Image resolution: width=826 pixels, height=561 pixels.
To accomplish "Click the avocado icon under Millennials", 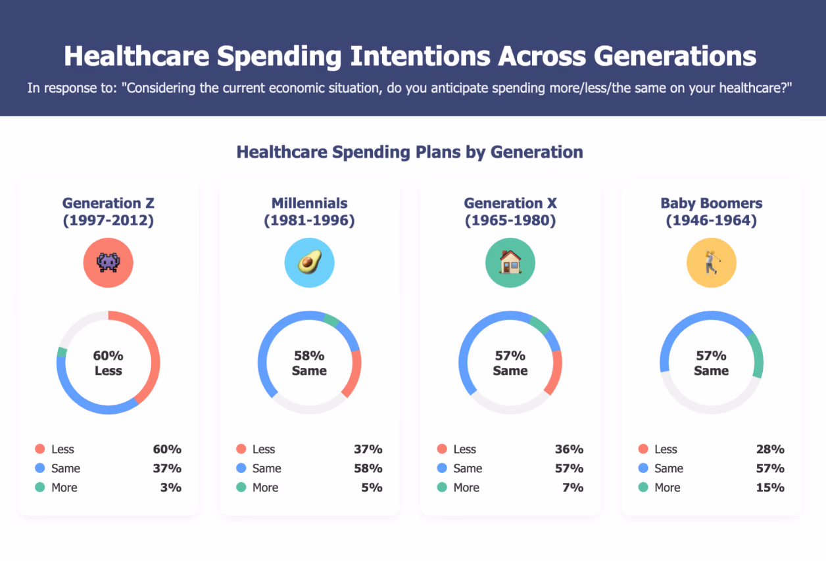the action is click(x=309, y=262).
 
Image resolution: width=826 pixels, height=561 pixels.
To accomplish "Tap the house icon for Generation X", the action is click(x=510, y=262).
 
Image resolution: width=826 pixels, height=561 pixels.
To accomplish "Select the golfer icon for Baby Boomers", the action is click(x=712, y=262).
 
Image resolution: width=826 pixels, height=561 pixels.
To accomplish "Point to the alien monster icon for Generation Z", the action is click(x=108, y=262).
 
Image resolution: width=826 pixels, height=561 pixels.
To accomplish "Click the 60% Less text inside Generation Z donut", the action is click(x=108, y=363).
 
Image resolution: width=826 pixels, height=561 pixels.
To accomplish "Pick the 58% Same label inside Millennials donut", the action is click(x=309, y=363).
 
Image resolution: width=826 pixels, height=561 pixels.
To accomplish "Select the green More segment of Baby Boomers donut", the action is click(x=758, y=355).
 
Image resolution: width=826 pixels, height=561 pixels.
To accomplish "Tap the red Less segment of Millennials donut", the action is click(x=354, y=374).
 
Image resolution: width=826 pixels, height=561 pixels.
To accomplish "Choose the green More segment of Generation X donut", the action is click(x=540, y=324).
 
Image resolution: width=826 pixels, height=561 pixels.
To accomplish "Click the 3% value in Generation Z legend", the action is click(x=171, y=487).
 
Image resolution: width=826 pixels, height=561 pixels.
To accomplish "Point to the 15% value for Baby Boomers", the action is click(x=770, y=487).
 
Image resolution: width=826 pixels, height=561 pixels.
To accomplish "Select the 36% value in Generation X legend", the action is click(x=569, y=449).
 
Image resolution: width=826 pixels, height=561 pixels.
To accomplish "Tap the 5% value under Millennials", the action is click(x=372, y=487).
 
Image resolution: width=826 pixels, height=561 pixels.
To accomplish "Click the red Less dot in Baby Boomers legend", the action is click(x=643, y=449).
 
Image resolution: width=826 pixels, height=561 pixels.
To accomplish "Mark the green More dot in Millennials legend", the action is click(x=241, y=487).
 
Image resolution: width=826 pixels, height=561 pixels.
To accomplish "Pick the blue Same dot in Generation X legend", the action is click(x=442, y=468).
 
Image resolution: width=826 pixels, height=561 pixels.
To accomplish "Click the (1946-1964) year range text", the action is click(x=712, y=220).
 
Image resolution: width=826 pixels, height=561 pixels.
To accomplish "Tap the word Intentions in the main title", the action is click(x=420, y=56).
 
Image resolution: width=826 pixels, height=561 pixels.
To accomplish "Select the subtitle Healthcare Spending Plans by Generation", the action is click(x=410, y=152).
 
